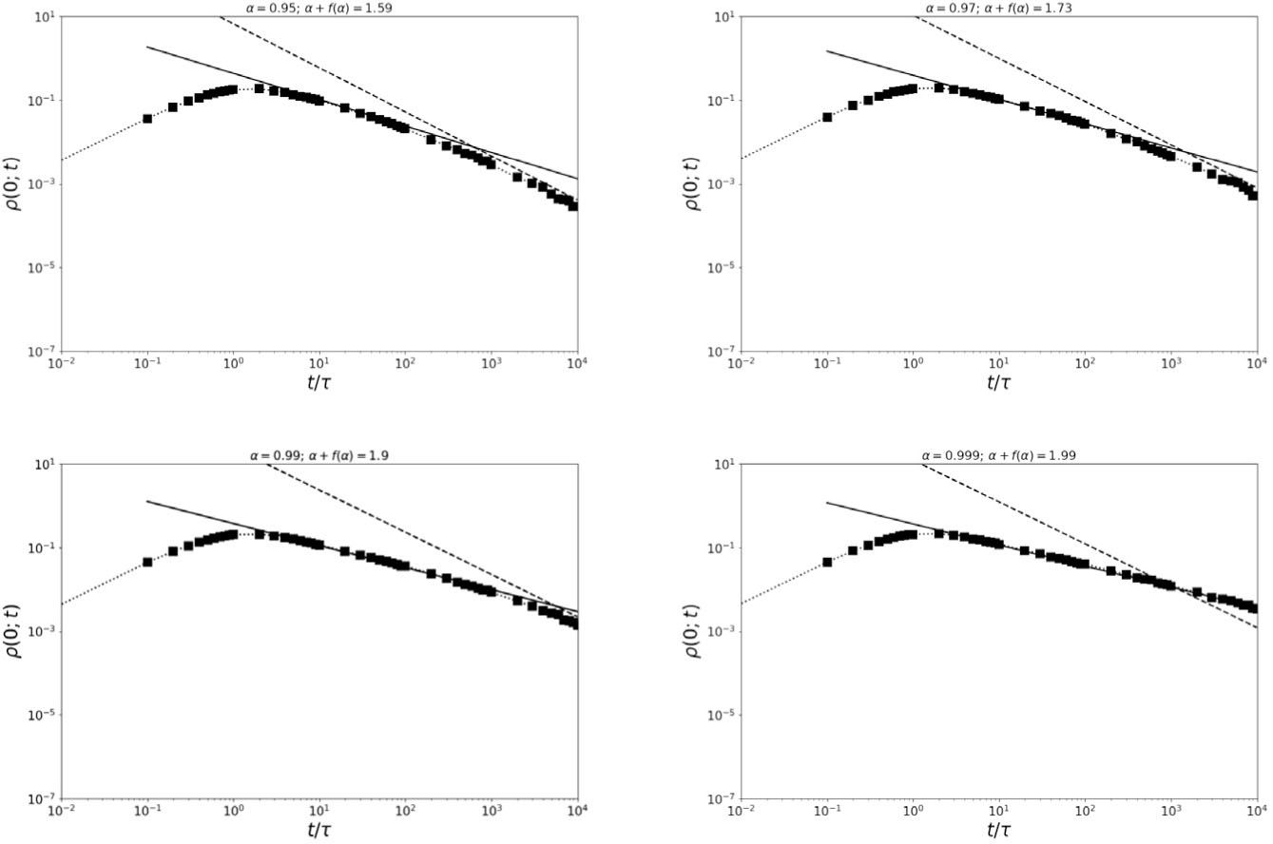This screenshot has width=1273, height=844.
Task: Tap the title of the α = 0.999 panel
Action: click(999, 455)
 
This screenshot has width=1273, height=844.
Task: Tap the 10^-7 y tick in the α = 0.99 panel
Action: click(39, 798)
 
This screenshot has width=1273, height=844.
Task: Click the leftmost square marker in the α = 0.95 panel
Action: click(147, 119)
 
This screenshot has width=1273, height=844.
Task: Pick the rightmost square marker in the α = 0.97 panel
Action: click(1253, 196)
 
